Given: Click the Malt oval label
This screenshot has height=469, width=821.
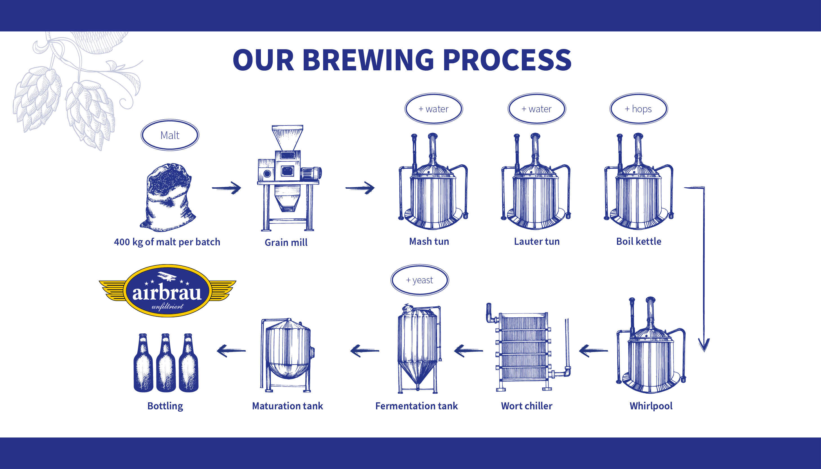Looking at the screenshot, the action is pyautogui.click(x=170, y=135).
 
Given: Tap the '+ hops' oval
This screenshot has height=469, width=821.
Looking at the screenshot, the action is pyautogui.click(x=638, y=109).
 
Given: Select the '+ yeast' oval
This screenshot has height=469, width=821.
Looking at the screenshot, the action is pyautogui.click(x=420, y=280).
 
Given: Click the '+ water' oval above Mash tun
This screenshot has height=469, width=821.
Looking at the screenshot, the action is pyautogui.click(x=434, y=109).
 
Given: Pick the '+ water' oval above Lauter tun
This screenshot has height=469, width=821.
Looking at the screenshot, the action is pyautogui.click(x=537, y=109).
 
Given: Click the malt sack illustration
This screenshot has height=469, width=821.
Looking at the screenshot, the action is pyautogui.click(x=167, y=197).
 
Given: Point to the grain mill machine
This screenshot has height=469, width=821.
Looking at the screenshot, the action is pyautogui.click(x=289, y=178).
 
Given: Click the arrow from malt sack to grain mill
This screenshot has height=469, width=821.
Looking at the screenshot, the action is pyautogui.click(x=226, y=188).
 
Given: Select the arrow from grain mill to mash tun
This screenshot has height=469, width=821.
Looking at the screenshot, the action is pyautogui.click(x=360, y=188).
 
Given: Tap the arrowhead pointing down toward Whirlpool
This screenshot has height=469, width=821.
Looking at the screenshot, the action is pyautogui.click(x=704, y=345).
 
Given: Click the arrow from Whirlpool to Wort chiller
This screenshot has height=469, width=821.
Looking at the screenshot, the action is pyautogui.click(x=593, y=351).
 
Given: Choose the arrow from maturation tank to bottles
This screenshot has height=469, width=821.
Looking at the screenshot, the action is pyautogui.click(x=231, y=351).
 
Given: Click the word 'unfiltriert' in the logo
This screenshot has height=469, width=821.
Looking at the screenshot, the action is pyautogui.click(x=167, y=306).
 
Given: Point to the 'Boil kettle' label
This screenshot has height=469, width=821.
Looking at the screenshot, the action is pyautogui.click(x=639, y=241).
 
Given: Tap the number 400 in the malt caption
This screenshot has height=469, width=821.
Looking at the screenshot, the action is pyautogui.click(x=122, y=242).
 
